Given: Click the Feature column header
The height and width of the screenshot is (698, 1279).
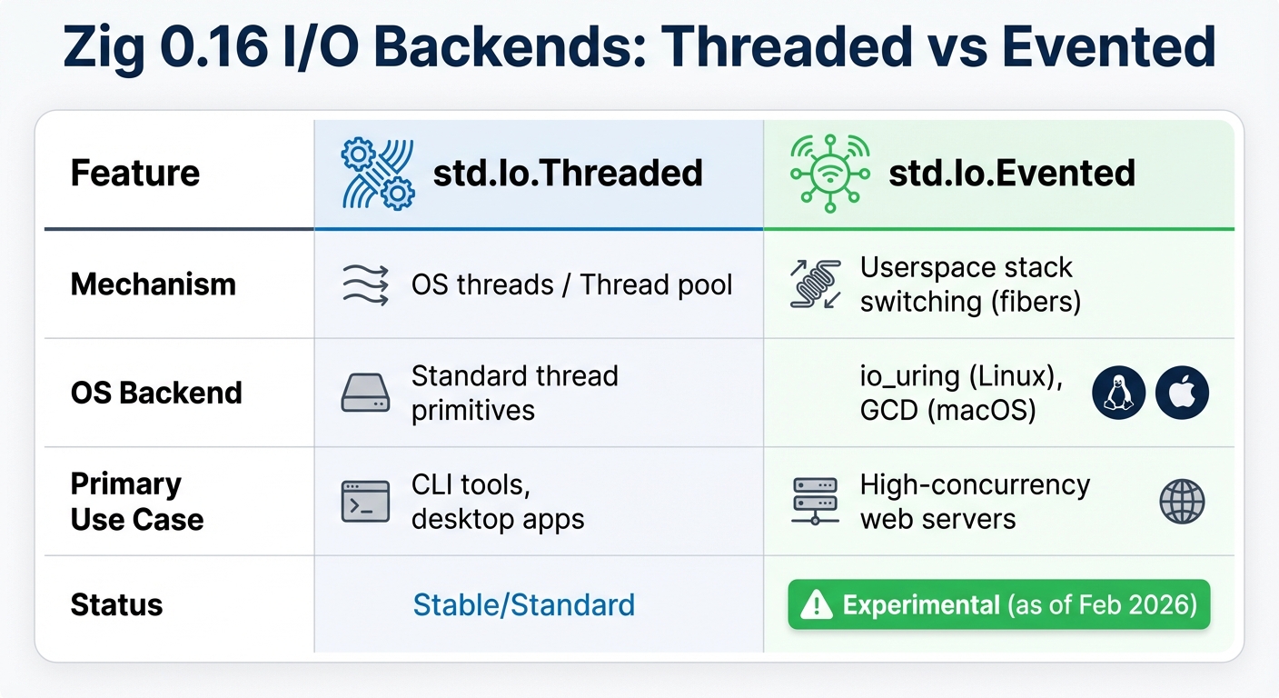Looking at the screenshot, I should pos(135,173).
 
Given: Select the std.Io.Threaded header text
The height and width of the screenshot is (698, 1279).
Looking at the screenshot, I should pos(568,173).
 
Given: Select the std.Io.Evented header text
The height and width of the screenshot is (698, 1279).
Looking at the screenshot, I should pos(1012,173).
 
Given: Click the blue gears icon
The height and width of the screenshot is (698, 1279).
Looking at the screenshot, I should pos(377,173).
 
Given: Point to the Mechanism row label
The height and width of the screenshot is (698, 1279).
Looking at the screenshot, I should pos(153,284).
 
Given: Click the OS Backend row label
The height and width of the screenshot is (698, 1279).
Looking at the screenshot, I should pos(156,393).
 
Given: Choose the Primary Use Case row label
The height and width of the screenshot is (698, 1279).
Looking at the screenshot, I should pos(137,502).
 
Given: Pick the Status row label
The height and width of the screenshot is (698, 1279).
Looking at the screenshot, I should pos(116,605).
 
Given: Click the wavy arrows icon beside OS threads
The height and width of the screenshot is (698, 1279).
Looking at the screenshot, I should pos(365,284).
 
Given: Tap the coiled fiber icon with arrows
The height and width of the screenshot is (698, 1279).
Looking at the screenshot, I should pos(815,284).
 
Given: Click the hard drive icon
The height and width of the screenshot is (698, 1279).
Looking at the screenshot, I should pos(365,394).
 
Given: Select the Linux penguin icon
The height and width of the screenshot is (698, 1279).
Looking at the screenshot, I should pos(1118,393).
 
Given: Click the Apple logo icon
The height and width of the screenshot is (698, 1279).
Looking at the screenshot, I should pos(1182,393).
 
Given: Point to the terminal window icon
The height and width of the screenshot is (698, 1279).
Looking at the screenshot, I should pos(365,502).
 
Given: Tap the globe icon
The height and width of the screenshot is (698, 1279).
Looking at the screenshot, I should pos(1182,502).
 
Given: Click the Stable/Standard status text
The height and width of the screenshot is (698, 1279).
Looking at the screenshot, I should pos(523,605).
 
